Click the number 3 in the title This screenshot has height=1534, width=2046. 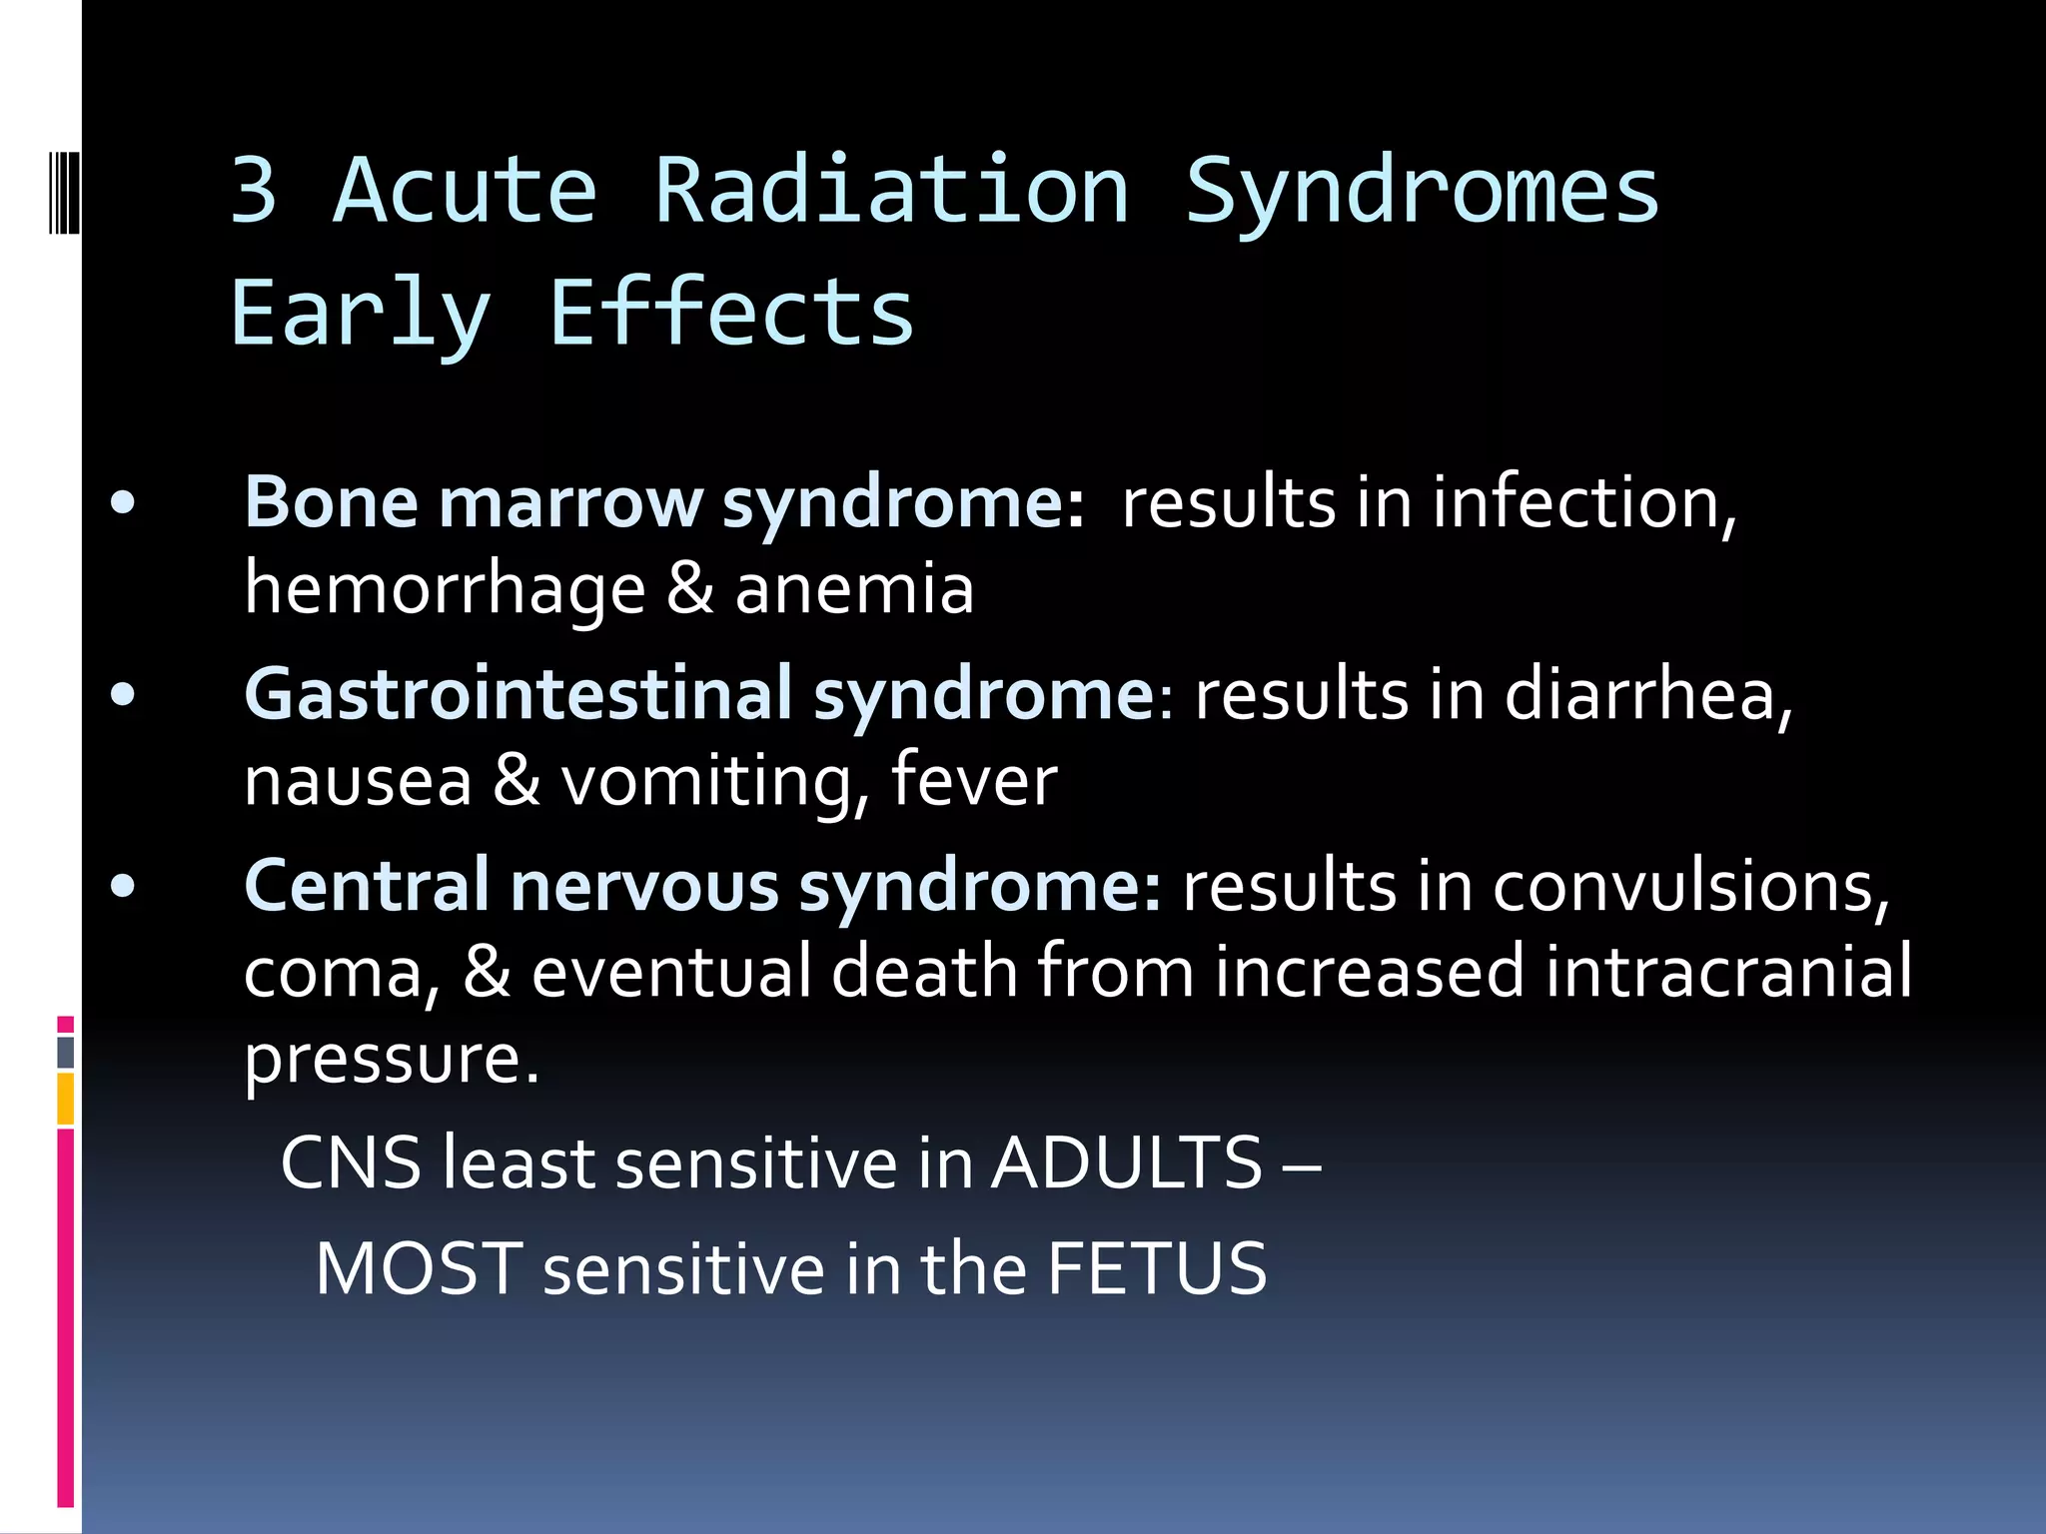pos(254,191)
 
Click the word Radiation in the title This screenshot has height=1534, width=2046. pos(891,191)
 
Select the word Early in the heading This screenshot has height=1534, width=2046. pos(361,316)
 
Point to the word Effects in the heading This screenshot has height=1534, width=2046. pos(731,314)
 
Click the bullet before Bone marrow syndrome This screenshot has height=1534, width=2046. pos(123,503)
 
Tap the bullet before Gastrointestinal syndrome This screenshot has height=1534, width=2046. pos(123,695)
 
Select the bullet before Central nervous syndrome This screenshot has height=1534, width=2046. pos(123,887)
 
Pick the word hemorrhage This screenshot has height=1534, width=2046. pos(445,589)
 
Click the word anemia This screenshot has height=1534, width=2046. pos(854,589)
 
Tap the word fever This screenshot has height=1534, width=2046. pos(973,780)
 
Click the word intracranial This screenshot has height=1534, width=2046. pos(1728,971)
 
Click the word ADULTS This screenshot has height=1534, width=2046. pos(1127,1163)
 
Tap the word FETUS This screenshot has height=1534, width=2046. pos(1157,1269)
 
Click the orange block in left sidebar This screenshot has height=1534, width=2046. pos(66,1098)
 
